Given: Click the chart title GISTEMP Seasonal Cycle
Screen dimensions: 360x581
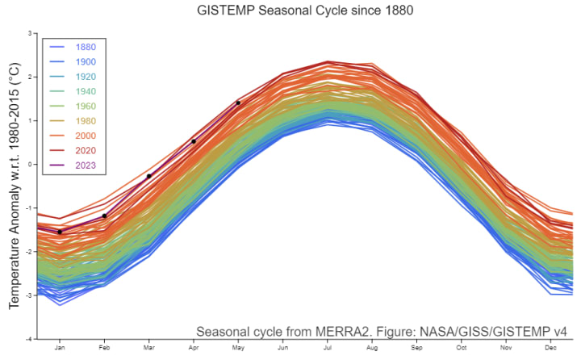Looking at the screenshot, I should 290,12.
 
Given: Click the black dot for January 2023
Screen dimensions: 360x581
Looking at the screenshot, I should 60,232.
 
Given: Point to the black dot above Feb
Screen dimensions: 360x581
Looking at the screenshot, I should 104,216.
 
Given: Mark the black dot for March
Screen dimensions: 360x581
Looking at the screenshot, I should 148,176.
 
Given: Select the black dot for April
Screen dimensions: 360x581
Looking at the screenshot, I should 194,141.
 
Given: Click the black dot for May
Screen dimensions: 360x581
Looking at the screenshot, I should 237,103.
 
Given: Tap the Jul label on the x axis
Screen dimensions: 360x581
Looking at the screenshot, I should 327,349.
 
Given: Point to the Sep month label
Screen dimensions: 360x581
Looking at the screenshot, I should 416,349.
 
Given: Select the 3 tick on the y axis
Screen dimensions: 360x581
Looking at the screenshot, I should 29,33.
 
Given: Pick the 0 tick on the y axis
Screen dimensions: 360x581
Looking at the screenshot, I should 29,164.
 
